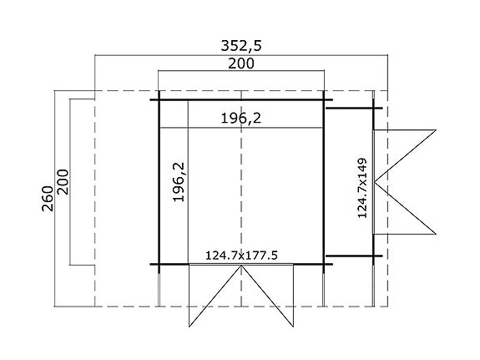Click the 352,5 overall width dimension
coord(241,47)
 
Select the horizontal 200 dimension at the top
coord(240,64)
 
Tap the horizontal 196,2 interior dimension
coord(240,119)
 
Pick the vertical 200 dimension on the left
coord(64,182)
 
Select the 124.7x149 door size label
coord(362,185)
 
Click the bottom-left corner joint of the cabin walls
coord(159,264)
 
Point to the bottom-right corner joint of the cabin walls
coord(325,264)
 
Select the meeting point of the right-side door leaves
coord(376,181)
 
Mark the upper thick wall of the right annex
coord(353,107)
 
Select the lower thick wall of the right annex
coord(353,255)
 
